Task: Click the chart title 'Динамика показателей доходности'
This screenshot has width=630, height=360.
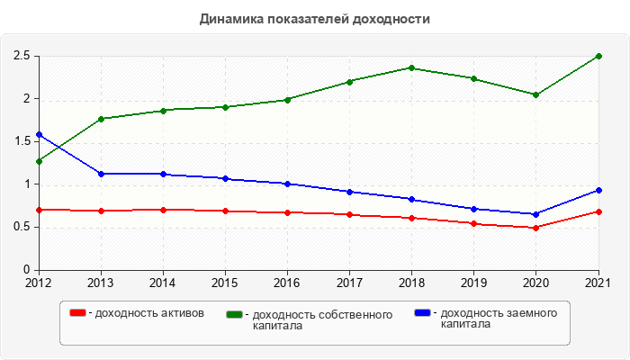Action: [315, 19]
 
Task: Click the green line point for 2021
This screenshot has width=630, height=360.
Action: [598, 56]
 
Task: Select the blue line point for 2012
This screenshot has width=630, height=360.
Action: [39, 134]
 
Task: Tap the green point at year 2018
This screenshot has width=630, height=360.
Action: [411, 67]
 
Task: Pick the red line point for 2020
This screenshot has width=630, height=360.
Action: [535, 228]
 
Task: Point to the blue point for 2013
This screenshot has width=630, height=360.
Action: [101, 174]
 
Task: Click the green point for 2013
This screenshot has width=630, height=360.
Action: [101, 119]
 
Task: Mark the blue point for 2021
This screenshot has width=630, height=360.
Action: [598, 190]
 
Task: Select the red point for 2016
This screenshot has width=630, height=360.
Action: [287, 212]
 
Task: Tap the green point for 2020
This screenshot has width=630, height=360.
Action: [535, 94]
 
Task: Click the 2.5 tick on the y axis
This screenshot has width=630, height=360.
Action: [22, 56]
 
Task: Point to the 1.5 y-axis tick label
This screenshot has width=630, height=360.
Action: [22, 141]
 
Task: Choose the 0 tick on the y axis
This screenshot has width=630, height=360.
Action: [27, 270]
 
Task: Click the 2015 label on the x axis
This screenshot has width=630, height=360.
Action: [225, 283]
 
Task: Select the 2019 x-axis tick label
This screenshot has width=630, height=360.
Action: [473, 283]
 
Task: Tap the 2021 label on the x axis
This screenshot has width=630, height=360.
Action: [598, 283]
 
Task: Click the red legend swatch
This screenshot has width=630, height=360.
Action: [78, 312]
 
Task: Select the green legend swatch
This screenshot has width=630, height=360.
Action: [235, 314]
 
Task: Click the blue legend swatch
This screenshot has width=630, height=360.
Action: [422, 312]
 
